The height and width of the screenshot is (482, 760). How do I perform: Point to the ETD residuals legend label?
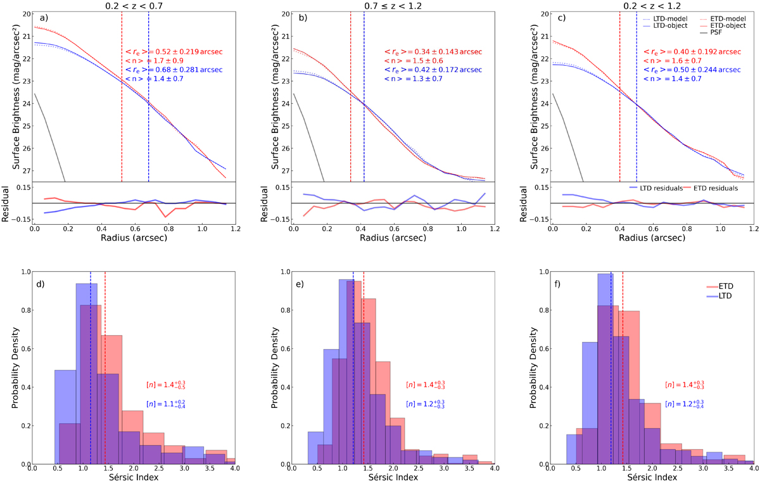click(x=718, y=188)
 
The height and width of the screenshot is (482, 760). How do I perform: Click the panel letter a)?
click(x=44, y=18)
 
